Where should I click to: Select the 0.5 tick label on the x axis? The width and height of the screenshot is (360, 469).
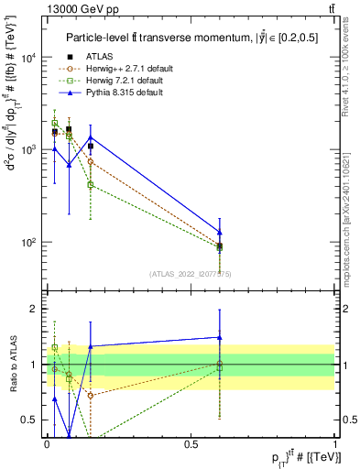[191, 443]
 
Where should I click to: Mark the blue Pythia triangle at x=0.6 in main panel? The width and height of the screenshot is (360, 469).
[220, 232]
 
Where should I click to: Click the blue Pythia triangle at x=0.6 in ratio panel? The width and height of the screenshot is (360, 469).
[220, 337]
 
